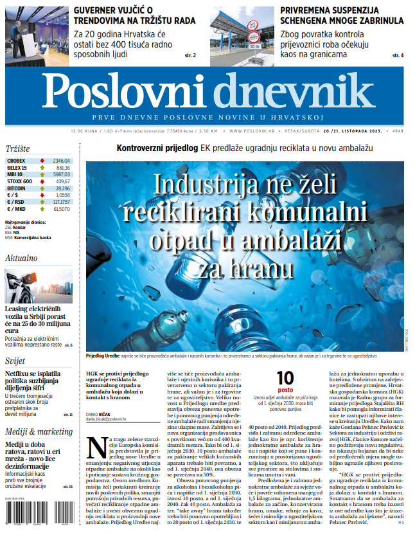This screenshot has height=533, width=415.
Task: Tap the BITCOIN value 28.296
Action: pos(62,188)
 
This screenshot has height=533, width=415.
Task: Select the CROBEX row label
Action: pos(17,160)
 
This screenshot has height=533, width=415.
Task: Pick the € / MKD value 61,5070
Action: pos(62,209)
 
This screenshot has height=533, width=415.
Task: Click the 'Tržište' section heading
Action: pos(19,147)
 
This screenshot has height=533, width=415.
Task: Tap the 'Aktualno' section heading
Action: pos(21,258)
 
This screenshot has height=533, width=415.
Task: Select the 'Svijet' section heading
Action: pos(15,361)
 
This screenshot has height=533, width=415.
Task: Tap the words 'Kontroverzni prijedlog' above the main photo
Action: pos(157,148)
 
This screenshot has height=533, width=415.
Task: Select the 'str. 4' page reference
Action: pos(398,56)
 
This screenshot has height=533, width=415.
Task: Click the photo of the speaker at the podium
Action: pos(36,33)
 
